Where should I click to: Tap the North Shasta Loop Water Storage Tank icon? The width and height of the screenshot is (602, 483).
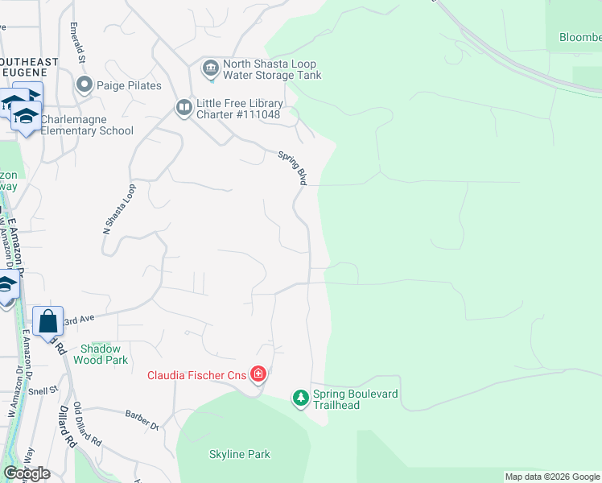tap(211, 69)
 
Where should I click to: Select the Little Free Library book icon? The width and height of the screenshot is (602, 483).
tap(184, 108)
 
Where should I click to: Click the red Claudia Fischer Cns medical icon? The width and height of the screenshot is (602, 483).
tap(258, 374)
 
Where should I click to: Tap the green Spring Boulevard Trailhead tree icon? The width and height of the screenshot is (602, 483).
tap(301, 398)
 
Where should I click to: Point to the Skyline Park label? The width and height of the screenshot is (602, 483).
tap(240, 455)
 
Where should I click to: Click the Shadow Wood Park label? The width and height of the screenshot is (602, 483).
tap(101, 354)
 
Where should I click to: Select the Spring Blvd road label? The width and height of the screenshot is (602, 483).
tap(293, 168)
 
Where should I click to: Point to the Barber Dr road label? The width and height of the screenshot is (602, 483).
tap(142, 419)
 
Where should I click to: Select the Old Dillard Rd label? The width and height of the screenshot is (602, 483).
tap(87, 424)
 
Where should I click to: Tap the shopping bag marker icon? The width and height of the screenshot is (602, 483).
tap(48, 320)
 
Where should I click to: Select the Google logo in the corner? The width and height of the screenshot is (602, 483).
tap(27, 473)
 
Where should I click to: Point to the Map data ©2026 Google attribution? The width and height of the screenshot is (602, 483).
tap(552, 477)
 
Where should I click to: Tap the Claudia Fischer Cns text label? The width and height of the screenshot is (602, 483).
tap(197, 375)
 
